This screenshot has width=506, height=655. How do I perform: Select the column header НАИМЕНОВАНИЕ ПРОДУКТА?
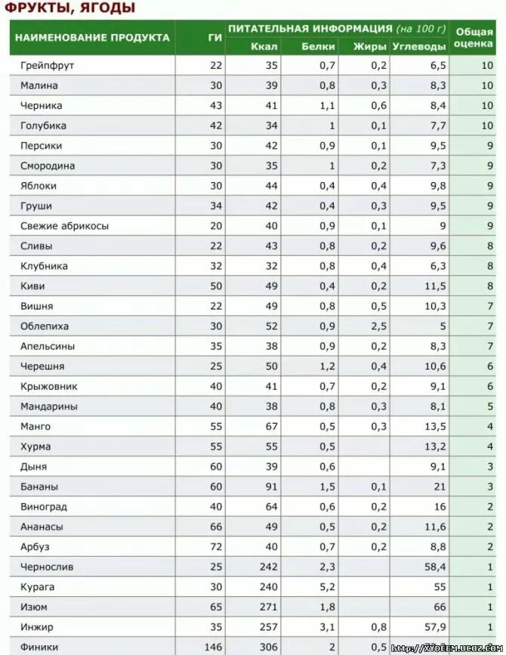click(x=92, y=37)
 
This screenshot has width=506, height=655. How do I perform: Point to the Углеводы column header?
click(x=419, y=46)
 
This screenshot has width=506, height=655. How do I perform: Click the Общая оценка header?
click(x=474, y=38)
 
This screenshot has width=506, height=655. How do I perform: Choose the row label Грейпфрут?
click(x=48, y=66)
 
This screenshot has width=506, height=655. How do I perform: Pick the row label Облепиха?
click(x=45, y=326)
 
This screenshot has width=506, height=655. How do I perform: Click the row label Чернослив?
click(x=48, y=567)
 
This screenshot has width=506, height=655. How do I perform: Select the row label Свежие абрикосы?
click(x=65, y=226)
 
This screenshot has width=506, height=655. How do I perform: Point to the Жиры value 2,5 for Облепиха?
click(x=378, y=326)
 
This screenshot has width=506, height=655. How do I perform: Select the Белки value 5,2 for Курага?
click(x=326, y=587)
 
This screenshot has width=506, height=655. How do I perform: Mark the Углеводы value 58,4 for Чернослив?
click(x=435, y=567)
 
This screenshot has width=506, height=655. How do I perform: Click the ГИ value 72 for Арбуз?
click(x=216, y=547)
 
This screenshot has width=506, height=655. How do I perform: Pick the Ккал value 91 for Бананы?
click(x=270, y=487)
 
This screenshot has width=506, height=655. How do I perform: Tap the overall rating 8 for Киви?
click(x=490, y=286)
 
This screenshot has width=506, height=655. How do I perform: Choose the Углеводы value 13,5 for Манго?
click(x=435, y=427)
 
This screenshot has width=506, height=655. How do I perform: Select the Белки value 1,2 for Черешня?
click(x=326, y=366)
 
